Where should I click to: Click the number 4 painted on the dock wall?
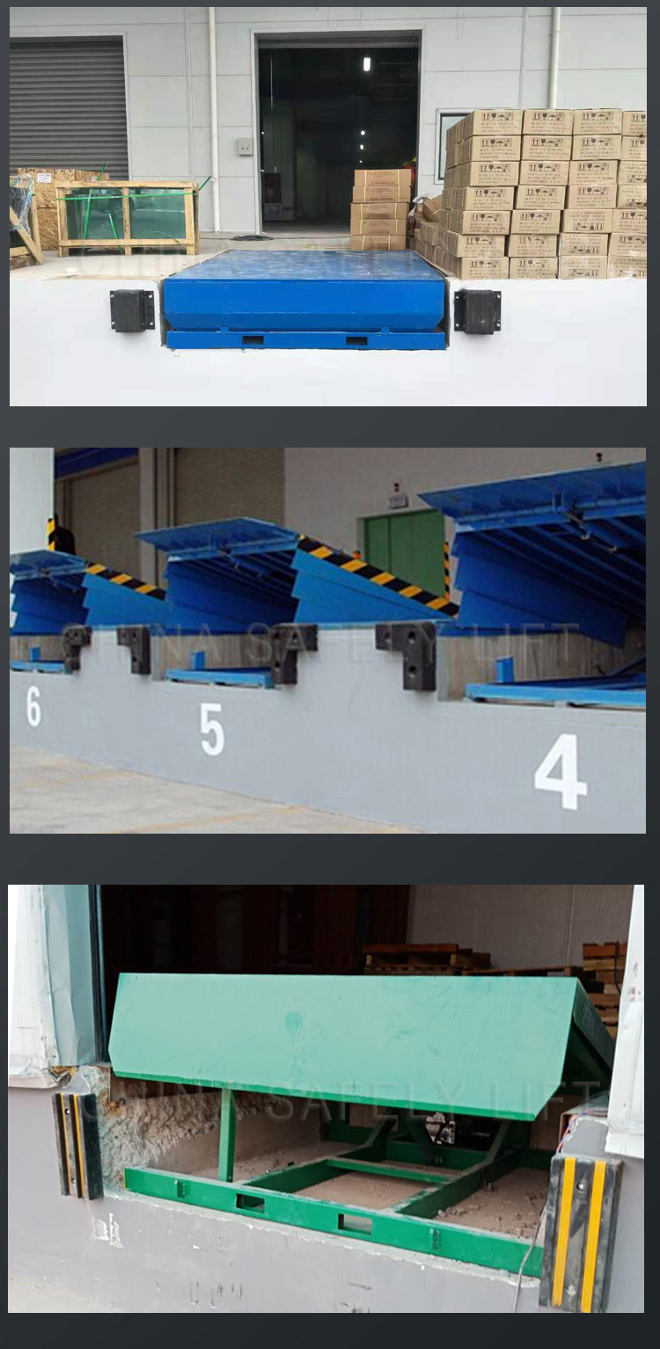561,771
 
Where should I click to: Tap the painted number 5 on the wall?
211,729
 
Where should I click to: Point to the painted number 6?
33,705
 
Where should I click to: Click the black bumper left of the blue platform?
133,310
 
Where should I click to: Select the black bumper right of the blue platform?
477,311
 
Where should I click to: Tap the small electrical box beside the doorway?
245,146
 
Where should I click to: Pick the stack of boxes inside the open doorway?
379,209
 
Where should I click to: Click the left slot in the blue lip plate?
253,340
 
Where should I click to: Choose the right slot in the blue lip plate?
356,340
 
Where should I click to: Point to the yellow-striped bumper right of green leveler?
580,1231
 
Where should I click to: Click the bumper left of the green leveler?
77,1145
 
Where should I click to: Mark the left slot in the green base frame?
250,1201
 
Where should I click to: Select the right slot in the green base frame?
356,1223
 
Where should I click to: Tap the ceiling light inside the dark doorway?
366,64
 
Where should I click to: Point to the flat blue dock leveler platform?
304,289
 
